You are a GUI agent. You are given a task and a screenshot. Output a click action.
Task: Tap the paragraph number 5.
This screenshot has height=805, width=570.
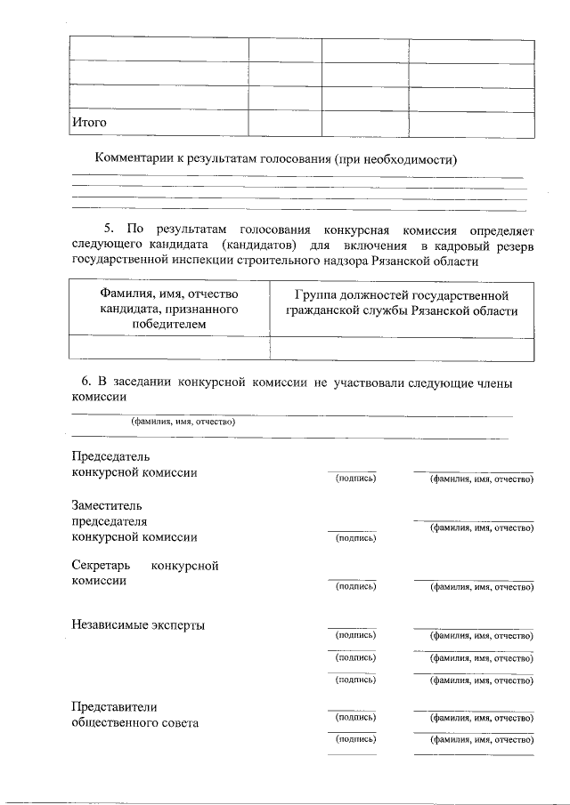point(109,229)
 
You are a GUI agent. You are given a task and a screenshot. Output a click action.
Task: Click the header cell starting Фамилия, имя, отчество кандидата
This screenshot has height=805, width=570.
point(168,309)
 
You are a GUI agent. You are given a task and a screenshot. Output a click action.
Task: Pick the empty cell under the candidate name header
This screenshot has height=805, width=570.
point(168,348)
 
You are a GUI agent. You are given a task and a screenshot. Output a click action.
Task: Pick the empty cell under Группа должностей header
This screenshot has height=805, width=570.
point(401,348)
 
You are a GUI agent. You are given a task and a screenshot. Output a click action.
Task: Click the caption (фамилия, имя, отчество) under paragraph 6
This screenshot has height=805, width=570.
point(183,422)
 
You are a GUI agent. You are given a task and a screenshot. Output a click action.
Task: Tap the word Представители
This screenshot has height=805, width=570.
point(114,706)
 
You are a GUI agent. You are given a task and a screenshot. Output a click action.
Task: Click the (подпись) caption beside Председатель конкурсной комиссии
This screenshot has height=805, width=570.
point(354,479)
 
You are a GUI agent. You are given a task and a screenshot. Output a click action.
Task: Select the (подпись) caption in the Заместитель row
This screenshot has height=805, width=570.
point(354,538)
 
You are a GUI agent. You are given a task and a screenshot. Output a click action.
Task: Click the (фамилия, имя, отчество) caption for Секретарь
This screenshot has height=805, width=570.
point(481,587)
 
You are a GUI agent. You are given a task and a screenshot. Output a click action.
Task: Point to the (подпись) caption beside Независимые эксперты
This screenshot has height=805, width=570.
point(354,635)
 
